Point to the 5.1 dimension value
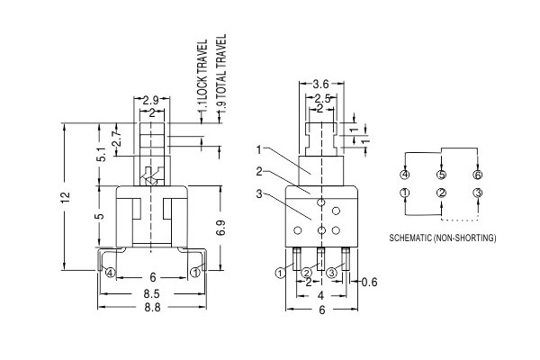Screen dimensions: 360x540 point(102,156)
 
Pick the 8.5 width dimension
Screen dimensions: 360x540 point(152,292)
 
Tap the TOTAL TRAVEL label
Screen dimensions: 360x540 point(220,71)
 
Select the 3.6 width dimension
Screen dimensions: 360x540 point(319,85)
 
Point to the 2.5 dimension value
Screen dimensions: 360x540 point(319,97)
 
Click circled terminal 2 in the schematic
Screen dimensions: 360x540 point(441,193)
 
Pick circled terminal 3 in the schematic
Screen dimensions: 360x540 point(477,193)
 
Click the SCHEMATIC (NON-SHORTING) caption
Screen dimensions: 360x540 point(442,238)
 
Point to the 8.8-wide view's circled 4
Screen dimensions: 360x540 point(110,272)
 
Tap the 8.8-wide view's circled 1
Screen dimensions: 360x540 point(195,272)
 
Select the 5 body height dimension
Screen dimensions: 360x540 point(102,216)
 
